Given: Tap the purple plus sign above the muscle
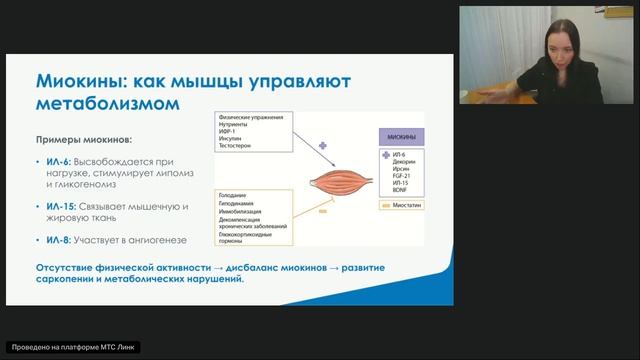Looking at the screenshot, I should (323, 146).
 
